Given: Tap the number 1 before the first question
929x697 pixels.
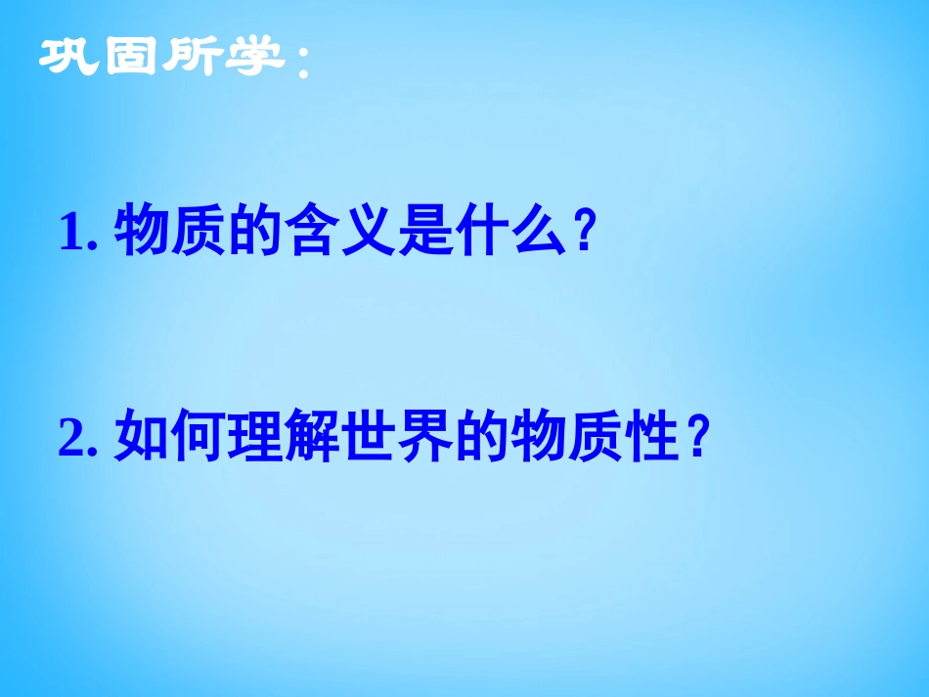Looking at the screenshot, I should [x=72, y=235].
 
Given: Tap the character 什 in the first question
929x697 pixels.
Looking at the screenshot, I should [x=482, y=234].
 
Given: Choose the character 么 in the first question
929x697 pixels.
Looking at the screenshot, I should [x=539, y=234].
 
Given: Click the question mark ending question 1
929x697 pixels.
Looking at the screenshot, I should [x=584, y=235].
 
